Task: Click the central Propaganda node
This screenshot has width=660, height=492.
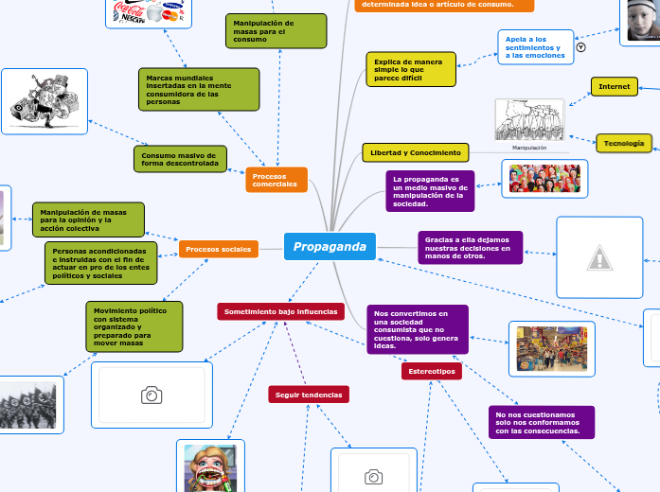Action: pos(330,247)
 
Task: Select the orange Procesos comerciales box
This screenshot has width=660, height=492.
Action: pos(276,179)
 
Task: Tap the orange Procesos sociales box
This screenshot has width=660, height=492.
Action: pos(219,249)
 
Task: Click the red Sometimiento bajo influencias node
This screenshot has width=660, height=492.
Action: pos(280,311)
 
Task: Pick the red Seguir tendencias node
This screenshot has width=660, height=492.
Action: pos(309,394)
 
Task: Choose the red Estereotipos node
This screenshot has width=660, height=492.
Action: pos(432,372)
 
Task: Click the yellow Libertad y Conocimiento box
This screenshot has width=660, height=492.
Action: pos(415,152)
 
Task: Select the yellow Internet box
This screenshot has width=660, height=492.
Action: pos(614,86)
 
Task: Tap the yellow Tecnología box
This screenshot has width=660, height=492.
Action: pos(624,143)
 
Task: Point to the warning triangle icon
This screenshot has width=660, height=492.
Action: pos(599,256)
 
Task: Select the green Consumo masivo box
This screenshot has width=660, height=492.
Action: pos(180,158)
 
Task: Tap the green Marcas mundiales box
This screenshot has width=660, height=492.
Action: pos(198,89)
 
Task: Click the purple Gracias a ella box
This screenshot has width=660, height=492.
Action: pos(470,247)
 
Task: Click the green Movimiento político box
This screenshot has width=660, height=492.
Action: pos(134,325)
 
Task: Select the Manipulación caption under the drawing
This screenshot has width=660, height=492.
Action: pos(529,148)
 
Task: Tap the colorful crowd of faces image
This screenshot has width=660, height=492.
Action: pos(544,178)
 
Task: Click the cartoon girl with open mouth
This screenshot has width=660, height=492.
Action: pos(209,466)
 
